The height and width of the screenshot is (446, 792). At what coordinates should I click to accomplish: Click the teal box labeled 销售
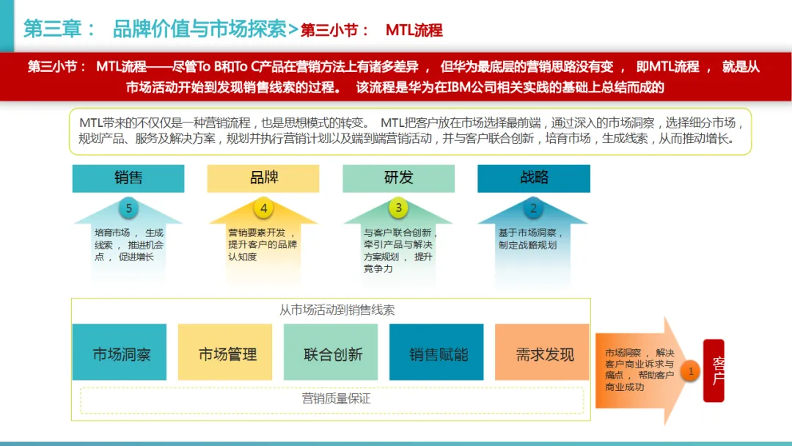pyautogui.click(x=128, y=178)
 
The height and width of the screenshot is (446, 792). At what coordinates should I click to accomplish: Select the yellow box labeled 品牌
pyautogui.click(x=263, y=178)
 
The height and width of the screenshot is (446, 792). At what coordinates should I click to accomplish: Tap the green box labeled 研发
pyautogui.click(x=398, y=178)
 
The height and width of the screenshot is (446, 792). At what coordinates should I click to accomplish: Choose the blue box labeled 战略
pyautogui.click(x=534, y=178)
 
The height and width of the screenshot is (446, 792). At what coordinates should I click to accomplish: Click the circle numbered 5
pyautogui.click(x=129, y=208)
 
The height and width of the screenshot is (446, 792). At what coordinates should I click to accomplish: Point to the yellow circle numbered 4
pyautogui.click(x=264, y=208)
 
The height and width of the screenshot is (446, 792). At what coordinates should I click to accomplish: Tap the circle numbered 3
pyautogui.click(x=399, y=208)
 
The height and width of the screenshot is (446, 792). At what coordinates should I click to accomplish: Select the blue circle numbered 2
pyautogui.click(x=533, y=208)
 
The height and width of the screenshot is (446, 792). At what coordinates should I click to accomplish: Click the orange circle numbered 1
pyautogui.click(x=690, y=371)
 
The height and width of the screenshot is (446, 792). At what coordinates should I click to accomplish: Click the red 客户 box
pyautogui.click(x=714, y=370)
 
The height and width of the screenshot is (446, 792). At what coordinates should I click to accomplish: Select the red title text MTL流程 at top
pyautogui.click(x=414, y=30)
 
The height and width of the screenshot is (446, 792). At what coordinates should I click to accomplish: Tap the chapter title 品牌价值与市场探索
pyautogui.click(x=199, y=29)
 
